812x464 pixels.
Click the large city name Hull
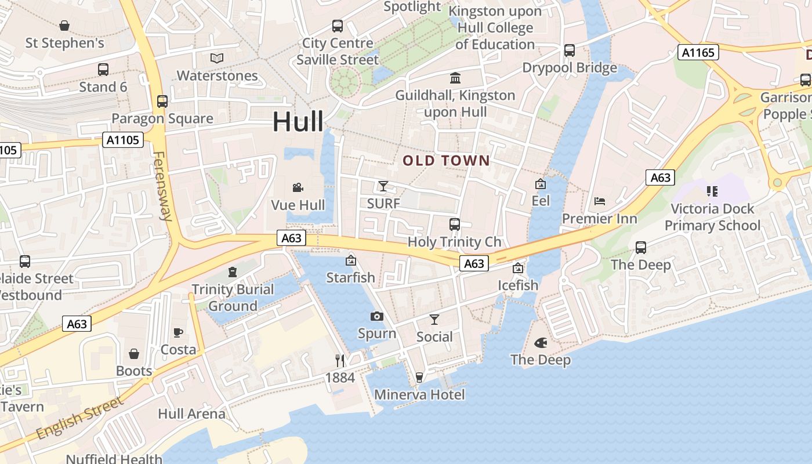(298, 122)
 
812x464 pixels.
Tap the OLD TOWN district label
(447, 161)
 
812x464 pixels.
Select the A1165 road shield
(698, 53)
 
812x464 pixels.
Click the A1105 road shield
(123, 140)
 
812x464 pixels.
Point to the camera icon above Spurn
(377, 316)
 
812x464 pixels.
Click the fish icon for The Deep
(541, 343)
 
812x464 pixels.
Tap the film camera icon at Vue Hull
(298, 187)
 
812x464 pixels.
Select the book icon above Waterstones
(217, 59)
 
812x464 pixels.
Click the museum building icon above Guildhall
(455, 78)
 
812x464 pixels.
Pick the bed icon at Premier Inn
(600, 201)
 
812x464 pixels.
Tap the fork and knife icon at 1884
(340, 360)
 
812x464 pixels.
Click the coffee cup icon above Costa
(178, 332)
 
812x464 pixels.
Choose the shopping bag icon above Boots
(134, 354)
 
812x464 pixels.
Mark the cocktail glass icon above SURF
(383, 186)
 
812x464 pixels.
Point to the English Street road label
(79, 418)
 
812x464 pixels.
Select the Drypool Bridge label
(570, 68)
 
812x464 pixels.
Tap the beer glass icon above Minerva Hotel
(419, 378)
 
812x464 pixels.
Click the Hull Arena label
(191, 414)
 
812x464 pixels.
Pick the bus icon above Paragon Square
(162, 101)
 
